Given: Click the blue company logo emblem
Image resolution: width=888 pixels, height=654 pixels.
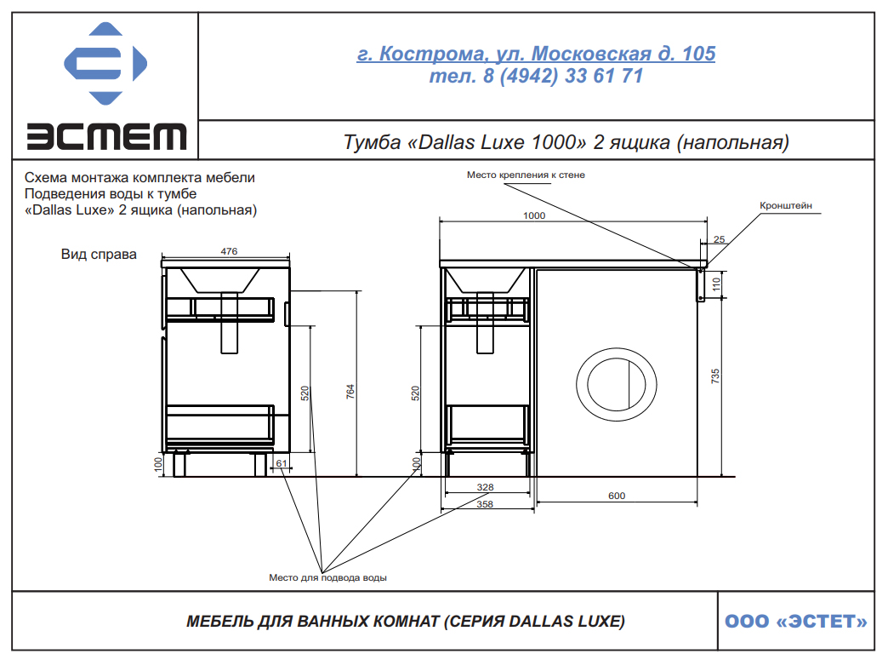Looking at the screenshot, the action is pyautogui.click(x=105, y=64).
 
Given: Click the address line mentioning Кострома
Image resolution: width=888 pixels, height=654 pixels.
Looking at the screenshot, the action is pyautogui.click(x=536, y=54).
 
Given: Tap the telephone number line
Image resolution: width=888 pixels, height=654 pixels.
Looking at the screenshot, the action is pyautogui.click(x=536, y=76).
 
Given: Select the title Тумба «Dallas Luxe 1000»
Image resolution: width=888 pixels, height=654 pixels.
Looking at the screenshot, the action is pyautogui.click(x=566, y=142).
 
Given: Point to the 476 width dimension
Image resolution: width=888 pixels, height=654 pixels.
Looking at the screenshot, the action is pyautogui.click(x=229, y=251).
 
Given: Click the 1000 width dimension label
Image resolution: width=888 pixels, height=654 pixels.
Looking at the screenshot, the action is pyautogui.click(x=534, y=215).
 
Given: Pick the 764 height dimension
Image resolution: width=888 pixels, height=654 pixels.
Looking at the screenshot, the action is pyautogui.click(x=350, y=392).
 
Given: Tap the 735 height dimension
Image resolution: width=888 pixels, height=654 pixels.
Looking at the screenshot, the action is pyautogui.click(x=715, y=376).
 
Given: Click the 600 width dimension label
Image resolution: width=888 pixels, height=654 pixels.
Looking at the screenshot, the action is pyautogui.click(x=617, y=496).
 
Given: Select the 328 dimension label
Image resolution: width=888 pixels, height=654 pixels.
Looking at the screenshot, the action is pyautogui.click(x=486, y=487).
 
